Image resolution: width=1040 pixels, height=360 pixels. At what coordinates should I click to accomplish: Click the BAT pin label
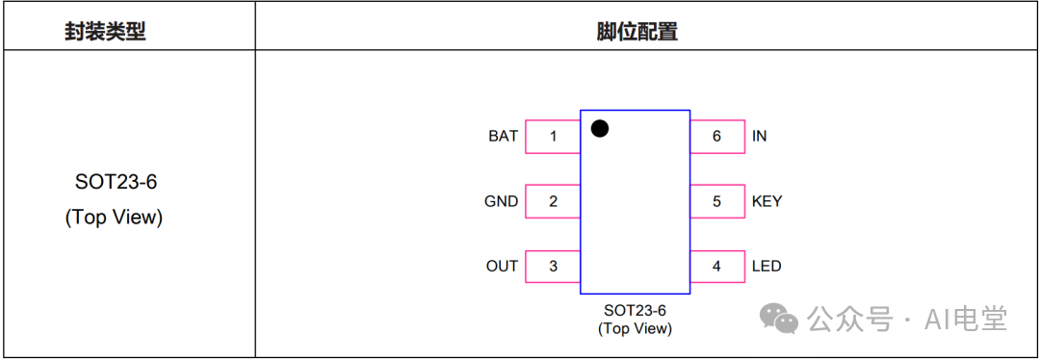pos(503,137)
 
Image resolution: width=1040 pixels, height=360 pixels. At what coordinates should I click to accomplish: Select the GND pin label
pos(502,201)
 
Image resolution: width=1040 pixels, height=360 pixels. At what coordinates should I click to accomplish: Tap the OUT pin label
pos(502,267)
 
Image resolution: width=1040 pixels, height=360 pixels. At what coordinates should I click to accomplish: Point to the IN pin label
pos(760,137)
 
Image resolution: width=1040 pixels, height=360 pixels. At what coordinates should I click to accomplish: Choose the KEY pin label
pos(767,201)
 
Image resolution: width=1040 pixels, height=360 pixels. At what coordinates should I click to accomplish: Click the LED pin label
pos(767,267)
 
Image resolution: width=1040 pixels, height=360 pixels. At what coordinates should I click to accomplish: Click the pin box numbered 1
pos(553,137)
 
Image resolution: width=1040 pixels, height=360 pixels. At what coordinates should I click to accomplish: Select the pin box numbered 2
pos(553,201)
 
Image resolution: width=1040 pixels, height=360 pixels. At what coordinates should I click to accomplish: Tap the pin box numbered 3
pos(553,267)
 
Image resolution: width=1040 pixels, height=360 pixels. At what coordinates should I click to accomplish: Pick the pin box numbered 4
pos(717,267)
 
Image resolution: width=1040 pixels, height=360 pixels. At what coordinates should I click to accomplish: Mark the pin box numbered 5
pos(717,201)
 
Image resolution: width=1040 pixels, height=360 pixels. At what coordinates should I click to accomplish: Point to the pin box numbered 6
pos(717,137)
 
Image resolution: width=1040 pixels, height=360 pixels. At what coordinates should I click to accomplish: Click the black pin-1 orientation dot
pos(600,129)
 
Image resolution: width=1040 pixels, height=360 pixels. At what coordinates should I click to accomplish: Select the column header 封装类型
pos(106,31)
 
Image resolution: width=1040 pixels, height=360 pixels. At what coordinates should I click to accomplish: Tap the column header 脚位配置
pos(637,31)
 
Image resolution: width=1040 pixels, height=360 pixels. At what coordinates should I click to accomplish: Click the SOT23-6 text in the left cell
pos(117,182)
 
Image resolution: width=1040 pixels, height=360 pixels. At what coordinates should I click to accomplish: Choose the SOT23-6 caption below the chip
pos(635,310)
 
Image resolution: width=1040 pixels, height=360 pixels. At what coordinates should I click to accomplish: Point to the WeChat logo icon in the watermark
pos(779,319)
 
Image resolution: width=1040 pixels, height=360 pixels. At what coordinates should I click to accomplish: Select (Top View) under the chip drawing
pos(635,329)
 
